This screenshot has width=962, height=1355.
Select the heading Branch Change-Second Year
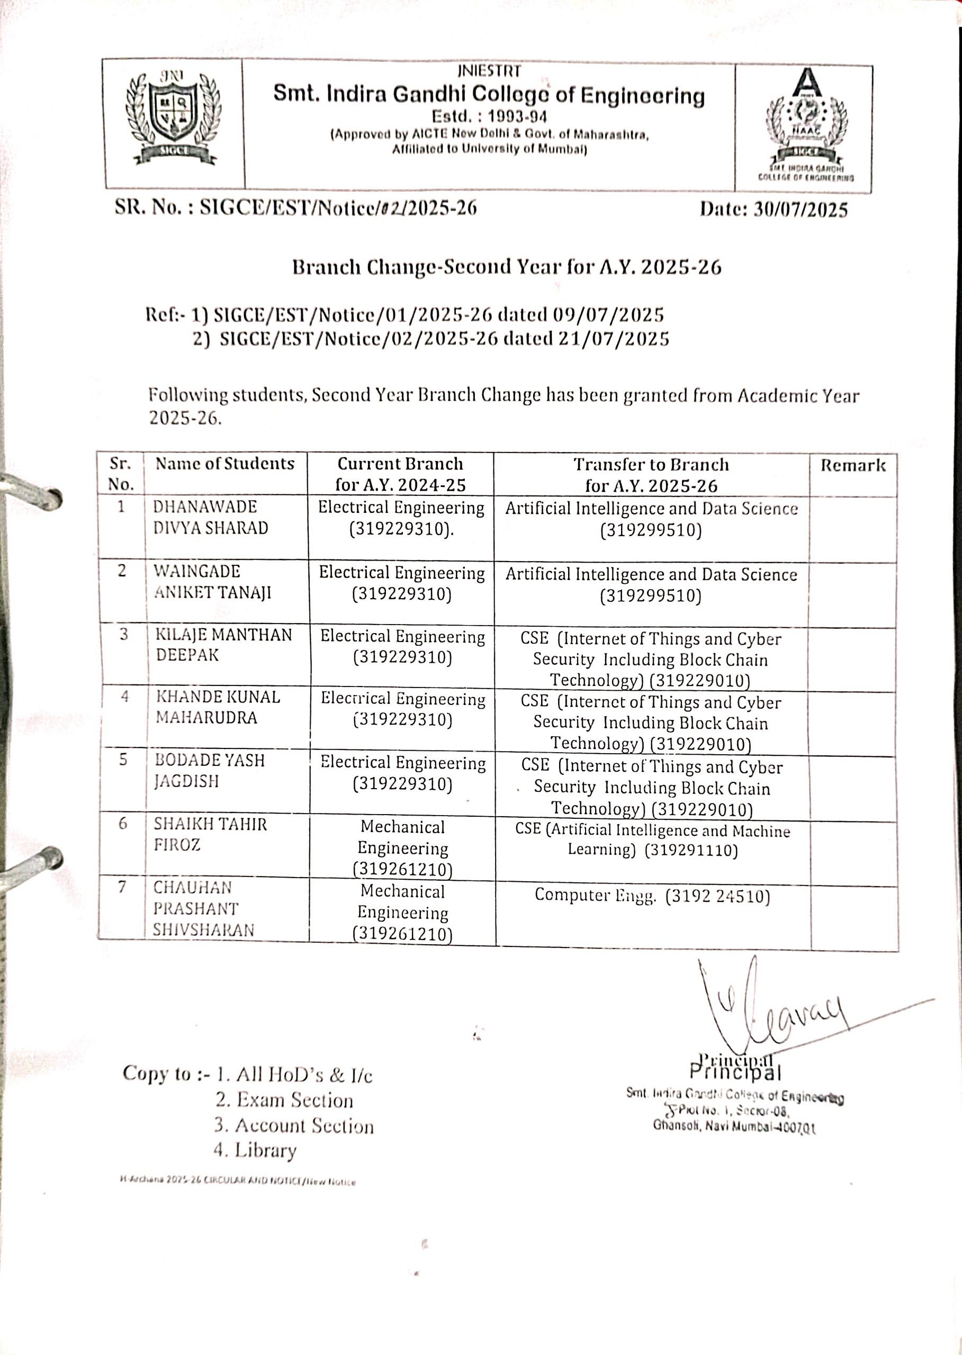coord(507,267)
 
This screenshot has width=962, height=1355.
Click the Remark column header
coord(852,465)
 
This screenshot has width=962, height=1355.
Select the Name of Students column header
coord(224,463)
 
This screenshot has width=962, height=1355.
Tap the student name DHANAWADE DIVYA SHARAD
coord(210,517)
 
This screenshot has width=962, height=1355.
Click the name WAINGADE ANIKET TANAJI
coord(212,582)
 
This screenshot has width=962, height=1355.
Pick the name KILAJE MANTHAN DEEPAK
coord(223,644)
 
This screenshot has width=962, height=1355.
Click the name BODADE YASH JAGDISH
coord(209,770)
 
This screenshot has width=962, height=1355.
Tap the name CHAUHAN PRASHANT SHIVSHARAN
coord(203,908)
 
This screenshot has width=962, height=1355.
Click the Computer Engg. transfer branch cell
coord(652,896)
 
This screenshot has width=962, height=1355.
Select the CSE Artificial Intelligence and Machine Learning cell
coord(652,841)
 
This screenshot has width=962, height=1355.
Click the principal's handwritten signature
coord(770,1007)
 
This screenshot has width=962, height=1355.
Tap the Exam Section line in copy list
coord(284,1100)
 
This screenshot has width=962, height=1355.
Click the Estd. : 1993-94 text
coord(489,115)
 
